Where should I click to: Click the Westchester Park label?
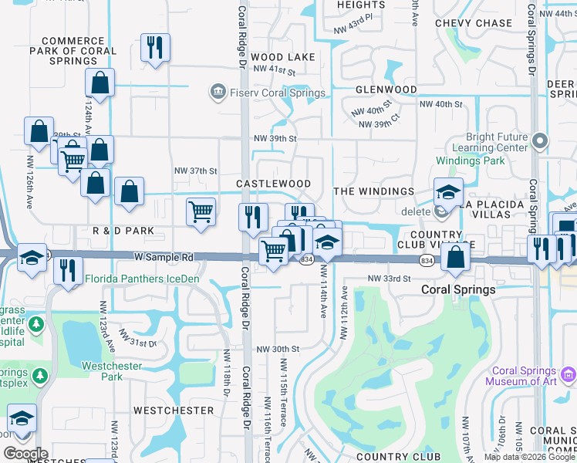(113, 371)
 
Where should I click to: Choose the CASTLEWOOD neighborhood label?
(273, 184)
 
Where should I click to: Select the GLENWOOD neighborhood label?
(386, 90)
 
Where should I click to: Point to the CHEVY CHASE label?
(474, 23)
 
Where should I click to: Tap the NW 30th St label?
(278, 349)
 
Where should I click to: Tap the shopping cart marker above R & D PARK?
(201, 210)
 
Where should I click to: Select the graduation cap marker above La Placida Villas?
(448, 191)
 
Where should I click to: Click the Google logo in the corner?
(25, 454)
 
